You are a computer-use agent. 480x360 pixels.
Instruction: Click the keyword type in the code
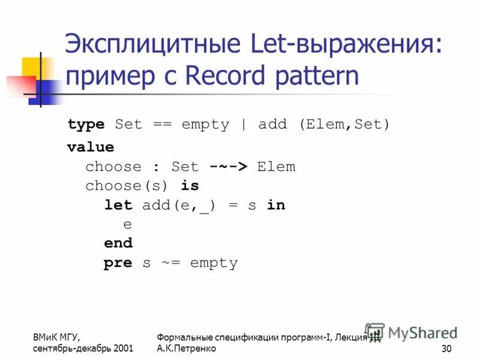86,125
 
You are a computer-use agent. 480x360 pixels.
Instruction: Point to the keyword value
91,147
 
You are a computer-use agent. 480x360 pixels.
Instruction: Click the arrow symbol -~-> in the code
229,167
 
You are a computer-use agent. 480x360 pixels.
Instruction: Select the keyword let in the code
118,205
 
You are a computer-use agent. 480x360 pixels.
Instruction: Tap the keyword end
118,243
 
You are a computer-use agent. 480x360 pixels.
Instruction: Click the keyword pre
118,263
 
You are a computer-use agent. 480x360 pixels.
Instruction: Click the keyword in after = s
276,205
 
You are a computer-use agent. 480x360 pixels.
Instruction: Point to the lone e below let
127,224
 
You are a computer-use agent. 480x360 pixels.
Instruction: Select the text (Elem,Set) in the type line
343,125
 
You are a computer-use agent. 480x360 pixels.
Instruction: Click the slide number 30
446,349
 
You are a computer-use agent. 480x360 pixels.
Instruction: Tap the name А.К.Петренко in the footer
185,349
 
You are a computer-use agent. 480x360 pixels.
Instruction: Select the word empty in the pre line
214,263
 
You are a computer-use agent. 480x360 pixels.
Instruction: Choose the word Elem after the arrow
276,167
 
